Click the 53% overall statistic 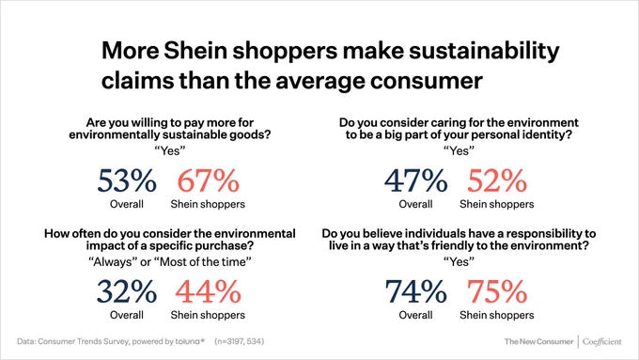[127, 180]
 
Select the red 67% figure [208, 180]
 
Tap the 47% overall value [415, 180]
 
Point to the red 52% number [497, 180]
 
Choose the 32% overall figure [127, 291]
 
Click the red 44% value [208, 291]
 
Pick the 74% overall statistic [415, 291]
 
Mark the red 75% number [497, 291]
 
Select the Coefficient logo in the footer [602, 341]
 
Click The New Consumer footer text [538, 341]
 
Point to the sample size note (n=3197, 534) [240, 341]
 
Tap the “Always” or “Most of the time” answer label [170, 261]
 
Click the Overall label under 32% [127, 315]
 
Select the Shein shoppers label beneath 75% [497, 315]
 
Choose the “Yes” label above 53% [170, 150]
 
